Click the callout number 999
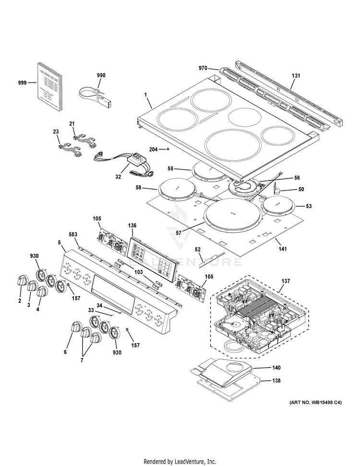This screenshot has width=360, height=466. coord(22,83)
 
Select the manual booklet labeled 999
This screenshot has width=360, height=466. coord(49,85)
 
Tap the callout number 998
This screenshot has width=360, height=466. coord(101,75)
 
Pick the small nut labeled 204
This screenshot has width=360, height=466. coord(167,150)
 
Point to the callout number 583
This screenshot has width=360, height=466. coord(73,235)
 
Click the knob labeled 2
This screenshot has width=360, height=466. coord(22,280)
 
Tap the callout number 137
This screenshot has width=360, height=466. coord(286,281)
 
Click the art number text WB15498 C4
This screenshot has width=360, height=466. coord(315,403)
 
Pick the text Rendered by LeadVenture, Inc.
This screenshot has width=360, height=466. coord(180,462)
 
